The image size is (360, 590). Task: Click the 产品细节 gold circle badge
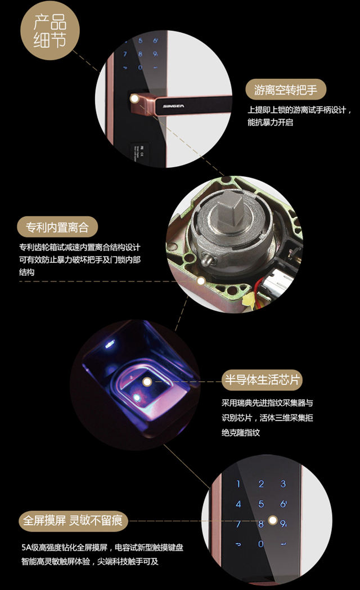50,30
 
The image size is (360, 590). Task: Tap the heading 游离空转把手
286,90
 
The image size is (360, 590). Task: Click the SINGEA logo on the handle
173,106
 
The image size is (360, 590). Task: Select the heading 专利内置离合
57,227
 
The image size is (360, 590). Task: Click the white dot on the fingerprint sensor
147,382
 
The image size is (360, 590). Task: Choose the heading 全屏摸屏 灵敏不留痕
73,521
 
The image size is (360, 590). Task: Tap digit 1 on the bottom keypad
238,484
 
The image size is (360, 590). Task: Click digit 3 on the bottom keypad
283,484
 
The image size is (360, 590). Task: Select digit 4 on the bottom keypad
238,504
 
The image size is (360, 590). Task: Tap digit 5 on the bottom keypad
261,504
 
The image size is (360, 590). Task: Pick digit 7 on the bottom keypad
238,524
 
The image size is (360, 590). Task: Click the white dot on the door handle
134,99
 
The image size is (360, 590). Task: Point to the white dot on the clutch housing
201,281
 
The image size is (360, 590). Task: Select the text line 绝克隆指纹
241,432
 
